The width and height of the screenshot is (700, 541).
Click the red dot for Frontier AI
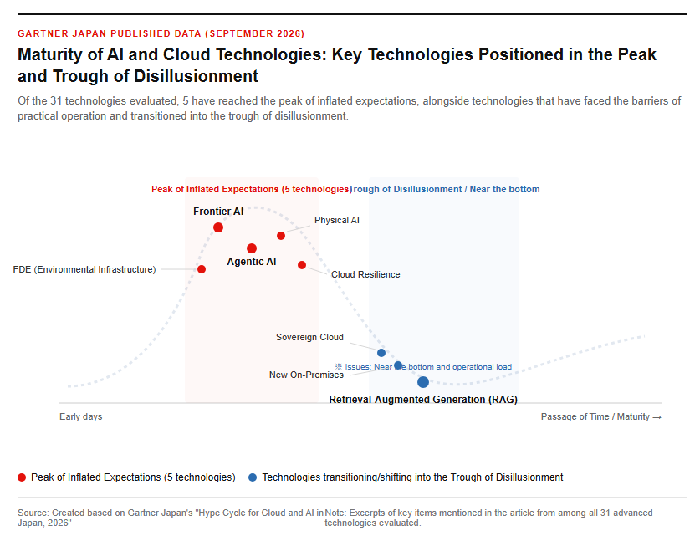coord(218,227)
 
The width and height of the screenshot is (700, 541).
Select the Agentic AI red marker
coord(252,248)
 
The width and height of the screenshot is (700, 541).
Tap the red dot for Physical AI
coord(281,236)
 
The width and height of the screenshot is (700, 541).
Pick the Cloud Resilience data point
coord(302,265)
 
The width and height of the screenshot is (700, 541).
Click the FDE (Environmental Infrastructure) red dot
coord(202,269)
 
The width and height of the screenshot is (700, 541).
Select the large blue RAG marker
coord(423,382)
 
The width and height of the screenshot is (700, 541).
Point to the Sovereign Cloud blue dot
coord(381,353)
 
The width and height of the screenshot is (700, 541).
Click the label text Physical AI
coord(336,220)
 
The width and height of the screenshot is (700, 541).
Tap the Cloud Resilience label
coord(365,274)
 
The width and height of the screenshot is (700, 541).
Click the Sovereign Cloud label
coord(309,337)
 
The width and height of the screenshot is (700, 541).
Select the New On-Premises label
coord(306,375)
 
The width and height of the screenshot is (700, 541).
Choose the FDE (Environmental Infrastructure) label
coord(84,269)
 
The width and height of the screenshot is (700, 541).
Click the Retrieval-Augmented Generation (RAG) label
coord(423,400)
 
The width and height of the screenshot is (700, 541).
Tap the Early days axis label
coord(81,416)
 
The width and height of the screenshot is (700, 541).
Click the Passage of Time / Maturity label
coord(600,416)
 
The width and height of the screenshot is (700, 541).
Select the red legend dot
coord(22,477)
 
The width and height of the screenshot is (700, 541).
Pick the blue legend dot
coord(253,477)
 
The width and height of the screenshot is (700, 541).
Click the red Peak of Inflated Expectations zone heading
coord(251,189)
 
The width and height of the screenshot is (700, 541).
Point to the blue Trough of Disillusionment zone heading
coord(444,189)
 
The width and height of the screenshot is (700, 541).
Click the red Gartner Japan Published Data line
coord(161,34)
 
